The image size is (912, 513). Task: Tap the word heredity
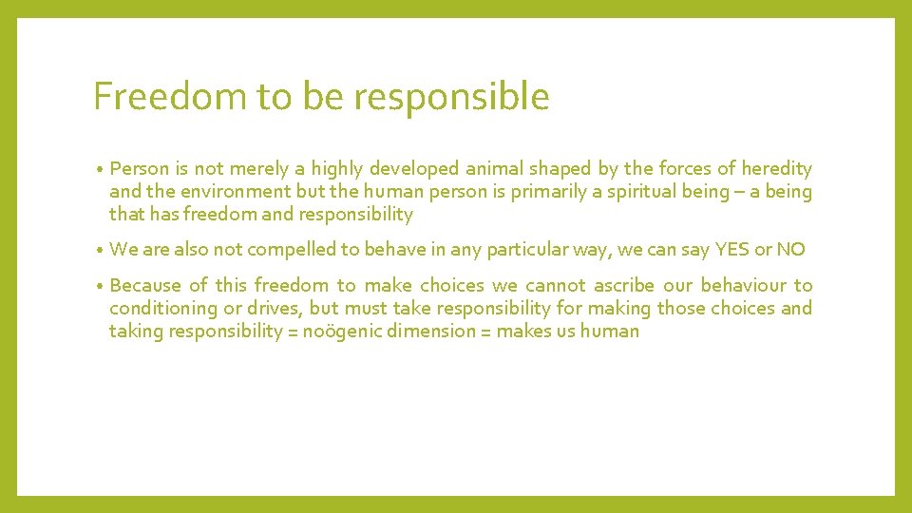(x=776, y=169)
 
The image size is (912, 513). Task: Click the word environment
(x=227, y=192)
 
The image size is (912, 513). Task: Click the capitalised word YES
(x=732, y=250)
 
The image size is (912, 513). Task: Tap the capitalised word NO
(x=791, y=250)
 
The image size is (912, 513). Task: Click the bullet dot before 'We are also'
(x=99, y=251)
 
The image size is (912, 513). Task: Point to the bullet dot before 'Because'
(x=99, y=286)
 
